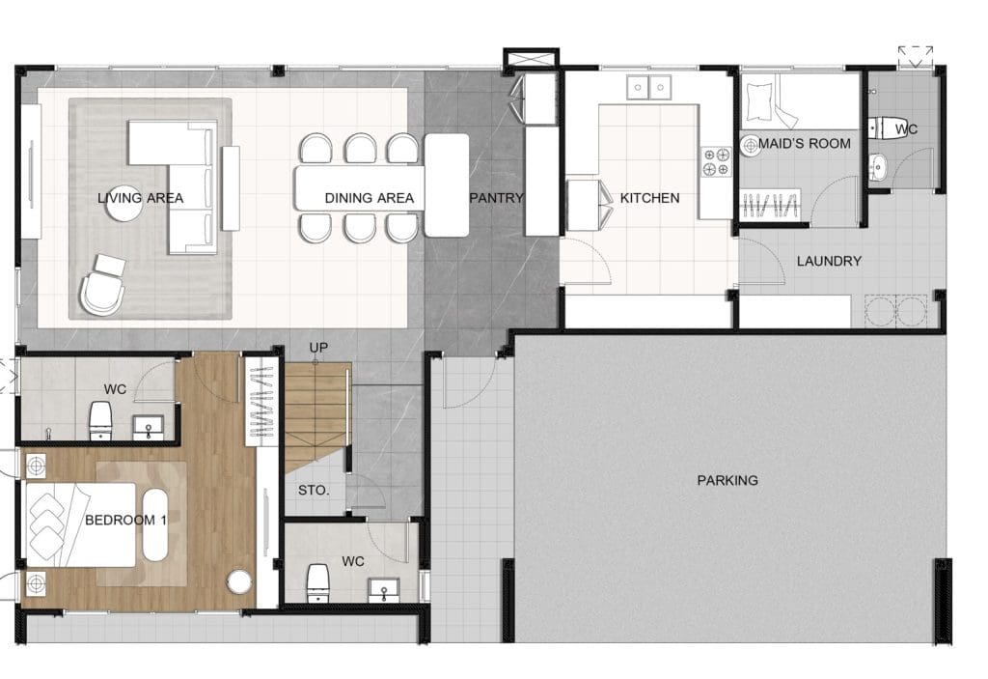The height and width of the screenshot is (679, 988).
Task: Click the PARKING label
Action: [x=727, y=480]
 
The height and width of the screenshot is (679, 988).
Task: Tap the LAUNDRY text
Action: [x=829, y=261]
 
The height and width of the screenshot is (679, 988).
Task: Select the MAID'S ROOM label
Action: [x=804, y=143]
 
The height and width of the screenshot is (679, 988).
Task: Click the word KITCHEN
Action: [x=649, y=197]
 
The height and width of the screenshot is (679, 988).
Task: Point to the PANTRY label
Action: [x=497, y=197]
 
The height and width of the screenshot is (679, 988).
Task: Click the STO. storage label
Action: [x=314, y=490]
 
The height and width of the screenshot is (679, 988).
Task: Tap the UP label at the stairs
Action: [x=318, y=348]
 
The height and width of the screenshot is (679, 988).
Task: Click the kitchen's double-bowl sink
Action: [x=648, y=87]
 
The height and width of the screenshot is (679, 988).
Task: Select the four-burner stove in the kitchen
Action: [x=717, y=161]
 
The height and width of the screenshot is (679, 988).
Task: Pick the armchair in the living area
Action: [x=102, y=285]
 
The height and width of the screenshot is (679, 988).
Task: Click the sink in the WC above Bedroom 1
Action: [x=148, y=427]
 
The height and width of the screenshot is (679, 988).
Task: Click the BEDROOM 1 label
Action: [x=126, y=520]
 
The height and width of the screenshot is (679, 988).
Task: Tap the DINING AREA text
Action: [x=370, y=197]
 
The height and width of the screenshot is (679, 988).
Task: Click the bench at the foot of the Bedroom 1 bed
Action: [x=155, y=525]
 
